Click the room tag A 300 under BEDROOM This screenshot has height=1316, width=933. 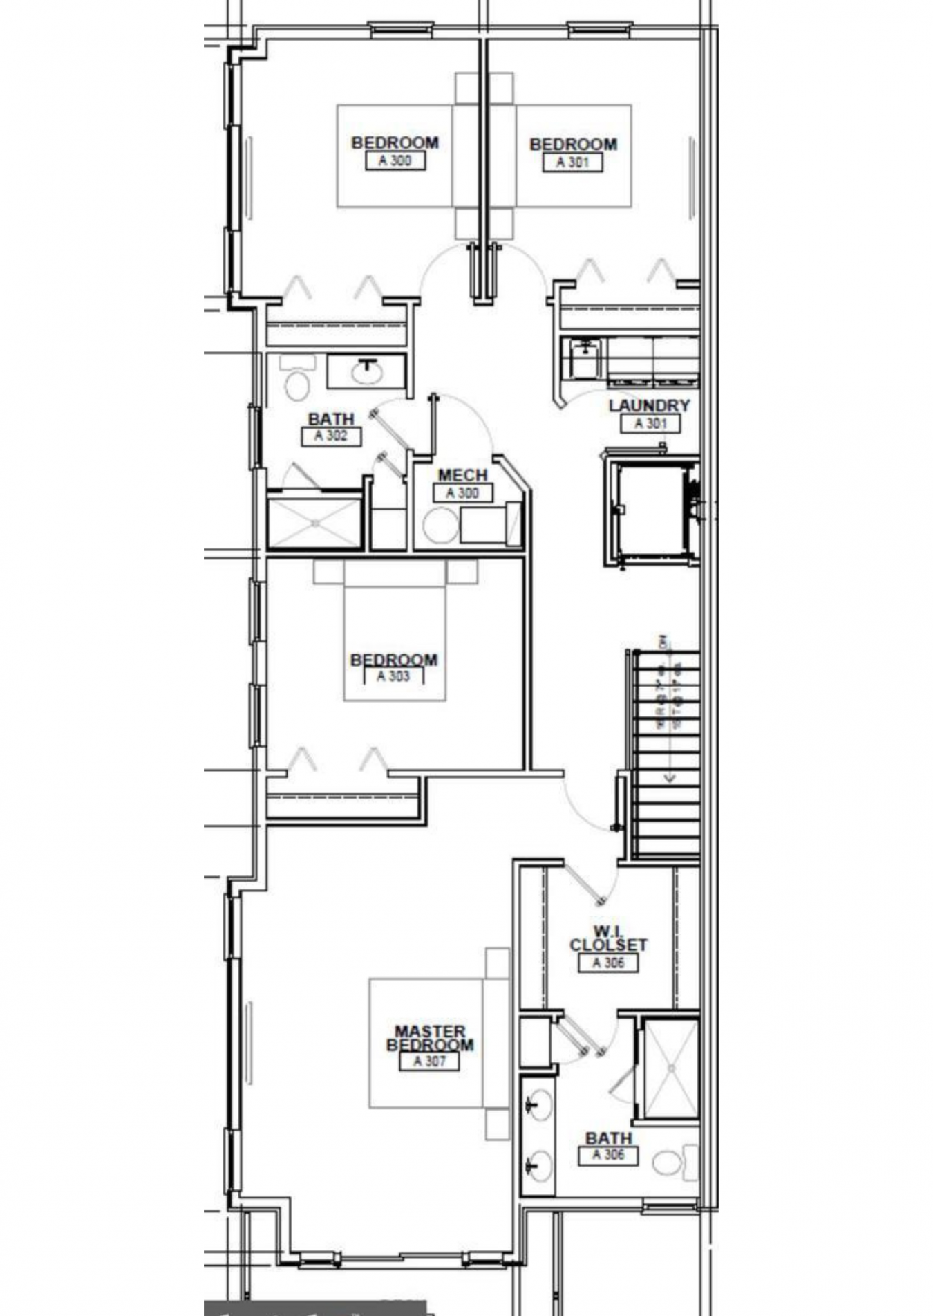click(395, 161)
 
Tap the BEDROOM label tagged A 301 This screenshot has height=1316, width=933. click(573, 145)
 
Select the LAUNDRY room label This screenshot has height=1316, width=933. click(649, 406)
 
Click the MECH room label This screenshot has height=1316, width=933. click(462, 475)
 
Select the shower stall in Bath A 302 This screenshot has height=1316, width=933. click(314, 523)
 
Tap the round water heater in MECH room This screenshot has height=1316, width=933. click(440, 526)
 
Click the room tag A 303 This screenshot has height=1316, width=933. click(394, 676)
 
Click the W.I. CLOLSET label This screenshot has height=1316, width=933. click(608, 939)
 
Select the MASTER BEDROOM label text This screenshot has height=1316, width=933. click(430, 1038)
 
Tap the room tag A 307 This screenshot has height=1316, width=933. click(429, 1061)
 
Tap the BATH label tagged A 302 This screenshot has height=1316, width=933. click(331, 419)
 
